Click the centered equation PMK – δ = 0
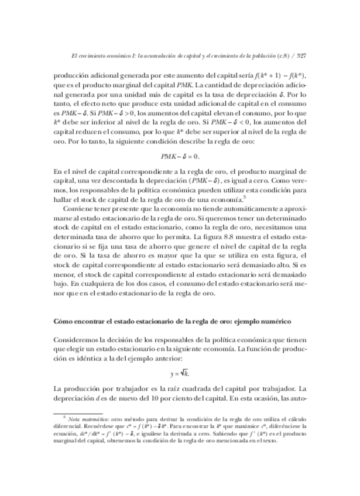(x=180, y=156)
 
